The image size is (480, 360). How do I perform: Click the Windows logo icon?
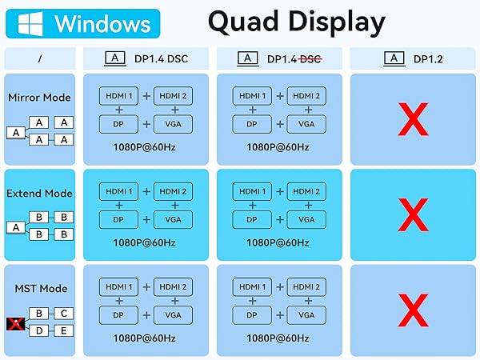(x=30, y=24)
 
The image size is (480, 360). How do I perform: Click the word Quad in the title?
(x=242, y=22)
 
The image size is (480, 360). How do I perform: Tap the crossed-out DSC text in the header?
(x=310, y=59)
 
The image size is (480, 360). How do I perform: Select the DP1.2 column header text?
(x=428, y=59)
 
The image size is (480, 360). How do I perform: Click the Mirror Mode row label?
(x=39, y=98)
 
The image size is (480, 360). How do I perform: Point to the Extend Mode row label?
(x=39, y=194)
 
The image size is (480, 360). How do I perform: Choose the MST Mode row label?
(x=41, y=289)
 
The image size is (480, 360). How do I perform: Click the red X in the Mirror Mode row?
(x=413, y=119)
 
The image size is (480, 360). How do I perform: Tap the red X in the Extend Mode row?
(x=413, y=215)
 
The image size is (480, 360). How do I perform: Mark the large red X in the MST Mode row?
(x=413, y=310)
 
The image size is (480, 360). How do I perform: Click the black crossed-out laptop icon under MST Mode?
(x=16, y=324)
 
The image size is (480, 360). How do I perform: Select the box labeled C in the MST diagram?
(x=64, y=314)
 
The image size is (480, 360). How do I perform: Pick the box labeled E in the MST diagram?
(x=64, y=330)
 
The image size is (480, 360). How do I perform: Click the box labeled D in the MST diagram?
(x=39, y=330)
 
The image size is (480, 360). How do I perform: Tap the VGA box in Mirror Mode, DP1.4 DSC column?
(x=174, y=124)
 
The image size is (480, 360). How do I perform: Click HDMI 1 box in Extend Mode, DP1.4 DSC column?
(x=118, y=192)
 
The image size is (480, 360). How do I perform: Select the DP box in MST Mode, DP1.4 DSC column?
(x=118, y=315)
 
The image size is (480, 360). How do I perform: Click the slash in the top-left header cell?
(x=40, y=58)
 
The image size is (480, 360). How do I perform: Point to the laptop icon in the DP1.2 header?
(x=394, y=58)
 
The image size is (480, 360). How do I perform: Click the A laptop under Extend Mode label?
(x=16, y=228)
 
